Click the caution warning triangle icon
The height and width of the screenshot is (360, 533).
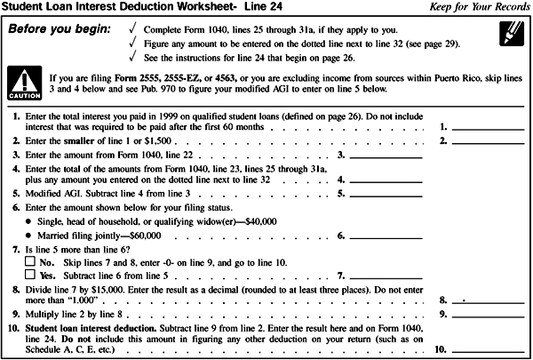(x=20, y=83)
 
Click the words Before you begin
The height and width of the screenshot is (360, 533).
(x=59, y=28)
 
